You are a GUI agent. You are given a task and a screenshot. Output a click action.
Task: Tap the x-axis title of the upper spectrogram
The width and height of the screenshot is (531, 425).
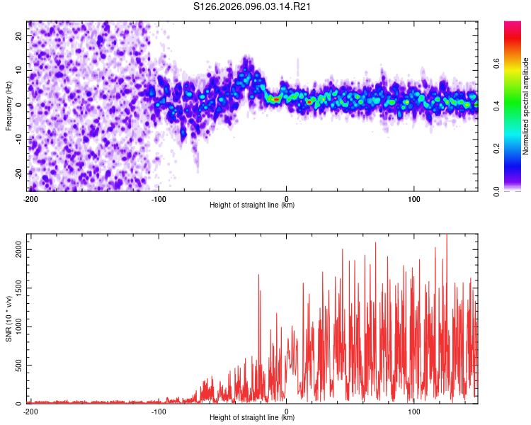point(252,205)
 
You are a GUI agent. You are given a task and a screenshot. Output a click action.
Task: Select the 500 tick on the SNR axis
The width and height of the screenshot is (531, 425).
point(18,365)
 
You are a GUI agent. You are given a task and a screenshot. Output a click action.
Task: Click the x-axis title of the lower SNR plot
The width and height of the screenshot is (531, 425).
point(252,418)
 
